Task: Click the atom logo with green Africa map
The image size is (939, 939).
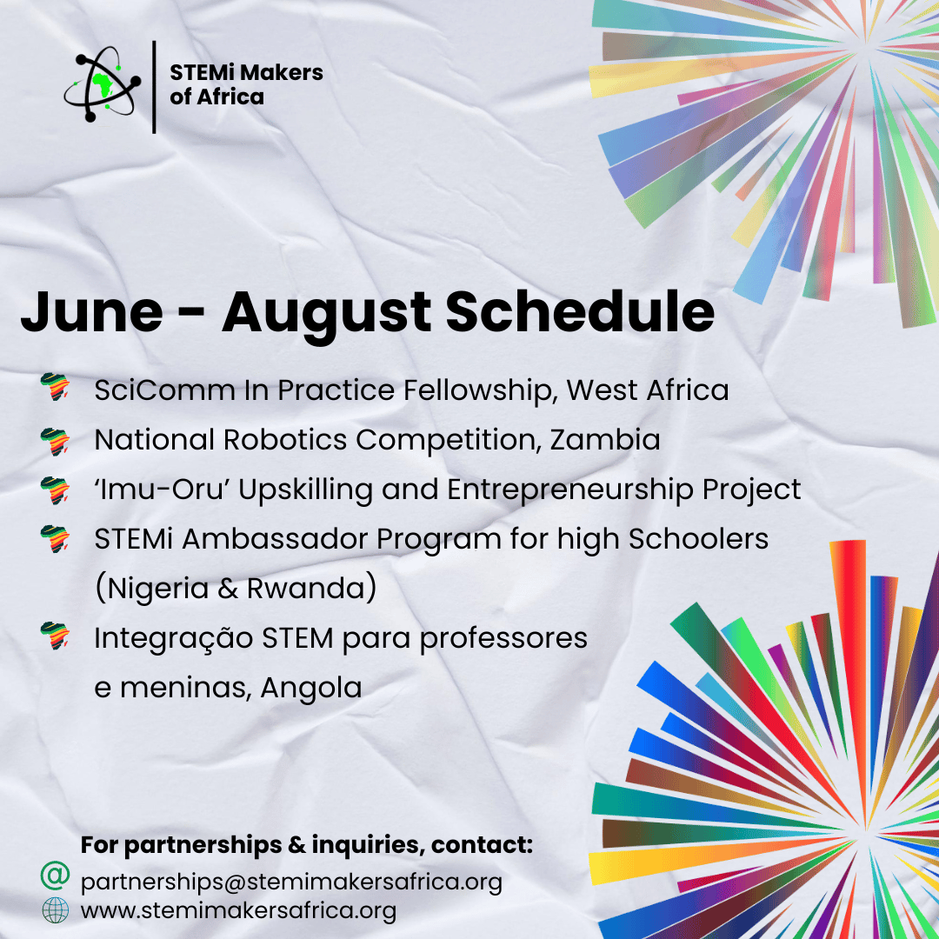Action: (x=103, y=84)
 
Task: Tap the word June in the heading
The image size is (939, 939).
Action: (x=91, y=313)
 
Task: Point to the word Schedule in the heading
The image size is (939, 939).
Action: (x=580, y=310)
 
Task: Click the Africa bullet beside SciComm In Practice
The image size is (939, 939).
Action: (x=55, y=387)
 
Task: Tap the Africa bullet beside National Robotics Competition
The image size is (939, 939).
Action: (x=55, y=442)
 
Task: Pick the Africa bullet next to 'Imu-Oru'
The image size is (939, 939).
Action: (x=55, y=490)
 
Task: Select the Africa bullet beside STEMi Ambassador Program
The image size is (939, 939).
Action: (x=55, y=539)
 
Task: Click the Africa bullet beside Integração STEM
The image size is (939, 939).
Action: (x=55, y=636)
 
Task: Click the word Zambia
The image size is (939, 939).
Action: (x=605, y=440)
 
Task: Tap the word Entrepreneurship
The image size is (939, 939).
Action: (x=570, y=490)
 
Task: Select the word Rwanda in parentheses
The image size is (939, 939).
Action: (x=306, y=588)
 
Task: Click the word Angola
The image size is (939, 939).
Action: (x=310, y=688)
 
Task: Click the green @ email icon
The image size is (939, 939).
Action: (x=55, y=876)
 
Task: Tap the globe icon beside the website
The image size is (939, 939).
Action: (x=55, y=910)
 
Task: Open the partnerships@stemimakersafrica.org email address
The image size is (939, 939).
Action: (x=291, y=882)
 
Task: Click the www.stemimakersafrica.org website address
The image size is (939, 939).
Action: (x=238, y=911)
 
